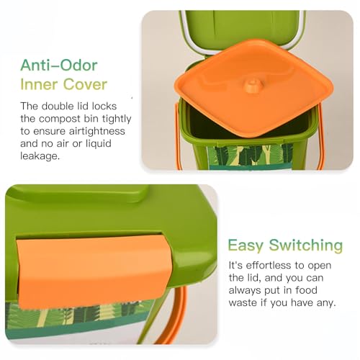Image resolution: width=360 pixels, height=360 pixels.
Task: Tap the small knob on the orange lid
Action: click(x=252, y=85)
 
